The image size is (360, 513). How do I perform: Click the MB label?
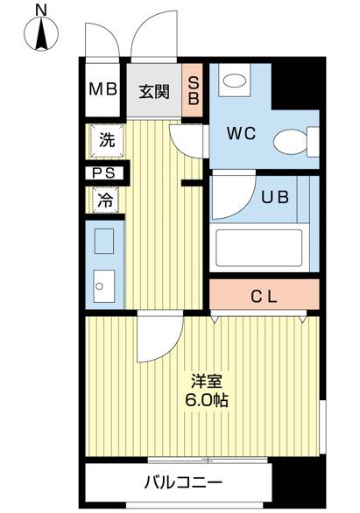(x=105, y=91)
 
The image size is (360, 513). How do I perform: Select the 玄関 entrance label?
(x=154, y=91)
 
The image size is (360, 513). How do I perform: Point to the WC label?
(x=240, y=135)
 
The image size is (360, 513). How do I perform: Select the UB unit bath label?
(x=274, y=196)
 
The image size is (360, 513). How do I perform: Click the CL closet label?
(x=265, y=297)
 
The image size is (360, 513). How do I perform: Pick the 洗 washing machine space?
(x=106, y=139)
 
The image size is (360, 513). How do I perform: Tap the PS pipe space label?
(x=105, y=173)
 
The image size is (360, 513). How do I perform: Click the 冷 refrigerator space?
(x=105, y=200)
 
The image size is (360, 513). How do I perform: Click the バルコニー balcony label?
(x=183, y=482)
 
